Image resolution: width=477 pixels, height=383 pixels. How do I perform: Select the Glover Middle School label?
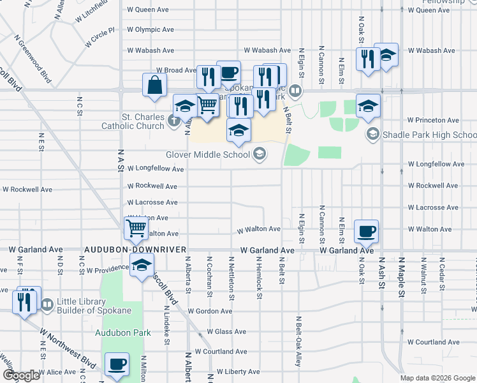click(208, 154)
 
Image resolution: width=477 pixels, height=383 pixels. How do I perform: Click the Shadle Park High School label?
click(429, 135)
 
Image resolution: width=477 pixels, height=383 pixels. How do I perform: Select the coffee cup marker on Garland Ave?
click(366, 231)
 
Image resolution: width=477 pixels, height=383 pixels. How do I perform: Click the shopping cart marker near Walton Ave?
click(136, 228)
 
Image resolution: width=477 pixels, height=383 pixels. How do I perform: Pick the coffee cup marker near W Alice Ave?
click(116, 364)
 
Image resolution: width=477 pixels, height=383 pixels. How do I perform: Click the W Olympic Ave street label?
click(150, 30)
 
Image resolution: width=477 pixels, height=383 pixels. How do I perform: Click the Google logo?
click(20, 376)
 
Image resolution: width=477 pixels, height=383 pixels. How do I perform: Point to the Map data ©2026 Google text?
click(436, 378)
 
